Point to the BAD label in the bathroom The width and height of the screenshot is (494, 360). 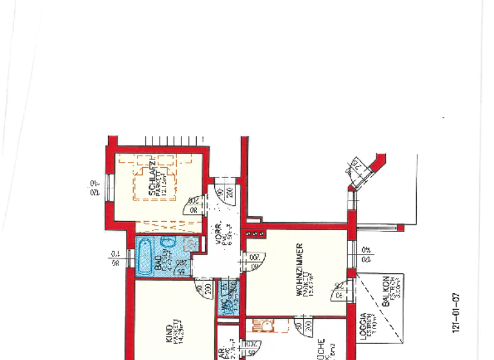tap(158, 263)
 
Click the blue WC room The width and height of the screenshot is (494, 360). tap(226, 298)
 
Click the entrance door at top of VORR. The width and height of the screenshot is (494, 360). tap(224, 193)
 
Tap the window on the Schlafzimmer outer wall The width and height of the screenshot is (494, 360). tap(110, 187)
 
